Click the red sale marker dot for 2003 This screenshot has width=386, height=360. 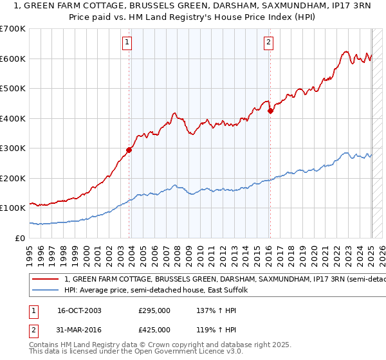[129, 150]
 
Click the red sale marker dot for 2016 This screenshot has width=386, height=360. [271, 111]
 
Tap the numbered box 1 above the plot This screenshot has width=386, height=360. [127, 43]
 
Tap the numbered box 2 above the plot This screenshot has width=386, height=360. [268, 43]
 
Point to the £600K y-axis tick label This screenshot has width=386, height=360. [12, 59]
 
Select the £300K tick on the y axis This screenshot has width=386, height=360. [12, 148]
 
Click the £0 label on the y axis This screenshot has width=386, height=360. [21, 238]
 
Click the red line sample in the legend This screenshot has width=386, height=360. [45, 280]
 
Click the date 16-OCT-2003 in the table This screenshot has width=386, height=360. [79, 310]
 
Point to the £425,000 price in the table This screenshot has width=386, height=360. [154, 330]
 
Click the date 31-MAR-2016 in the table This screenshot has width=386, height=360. [80, 330]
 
